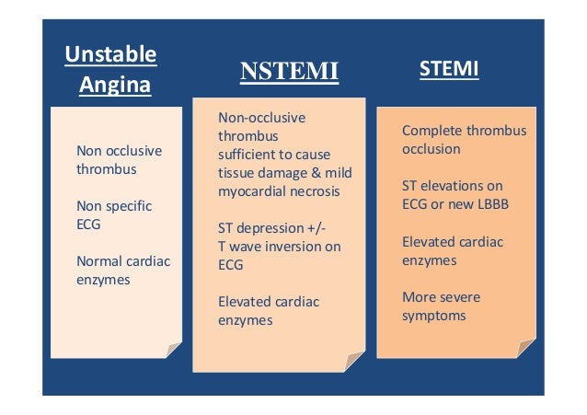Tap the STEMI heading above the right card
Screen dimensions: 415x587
tap(448, 69)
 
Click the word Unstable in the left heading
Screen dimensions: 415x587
tap(109, 54)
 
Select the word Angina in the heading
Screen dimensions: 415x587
tap(115, 86)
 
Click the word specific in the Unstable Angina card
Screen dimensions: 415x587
tap(128, 205)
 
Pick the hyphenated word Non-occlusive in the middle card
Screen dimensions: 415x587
tap(261, 118)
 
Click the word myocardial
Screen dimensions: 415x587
tap(251, 190)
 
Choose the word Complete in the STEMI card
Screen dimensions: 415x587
tap(429, 131)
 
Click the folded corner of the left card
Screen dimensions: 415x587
tap(172, 347)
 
